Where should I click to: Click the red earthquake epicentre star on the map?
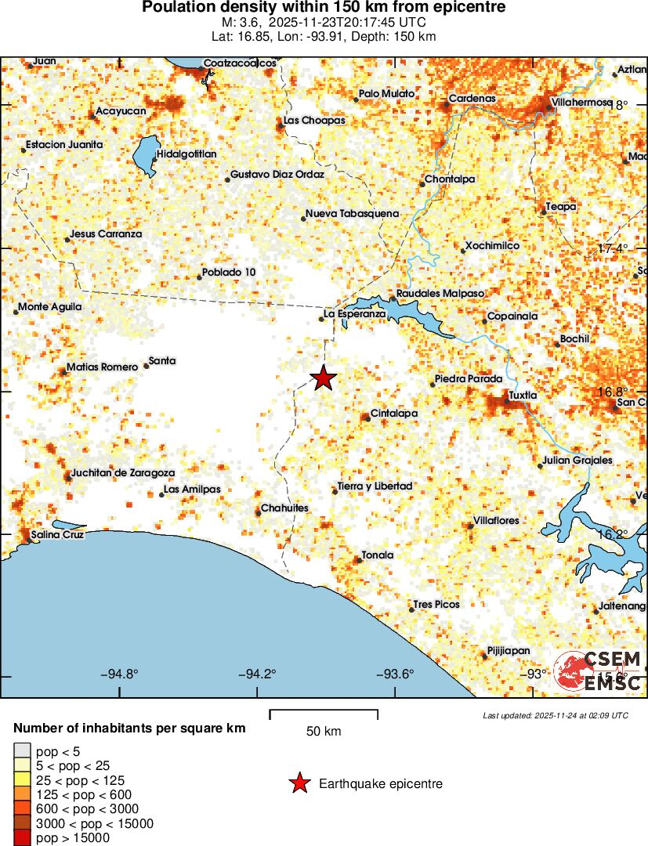(x=324, y=378)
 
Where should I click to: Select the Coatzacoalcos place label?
(x=239, y=63)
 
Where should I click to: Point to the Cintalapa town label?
(x=394, y=413)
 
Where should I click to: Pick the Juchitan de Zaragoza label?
(x=122, y=472)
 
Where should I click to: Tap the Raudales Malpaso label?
(x=441, y=293)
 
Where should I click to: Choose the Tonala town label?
(x=378, y=555)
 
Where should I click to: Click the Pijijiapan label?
(x=509, y=650)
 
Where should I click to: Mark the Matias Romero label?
(x=102, y=367)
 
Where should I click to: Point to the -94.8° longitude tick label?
(x=119, y=674)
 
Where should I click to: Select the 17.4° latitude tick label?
(x=613, y=248)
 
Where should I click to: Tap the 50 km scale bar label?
(x=324, y=732)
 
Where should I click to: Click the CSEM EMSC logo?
(x=599, y=671)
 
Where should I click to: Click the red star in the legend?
(x=299, y=783)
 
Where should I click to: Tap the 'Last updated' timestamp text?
(x=556, y=715)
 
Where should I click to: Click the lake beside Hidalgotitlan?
(x=145, y=157)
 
